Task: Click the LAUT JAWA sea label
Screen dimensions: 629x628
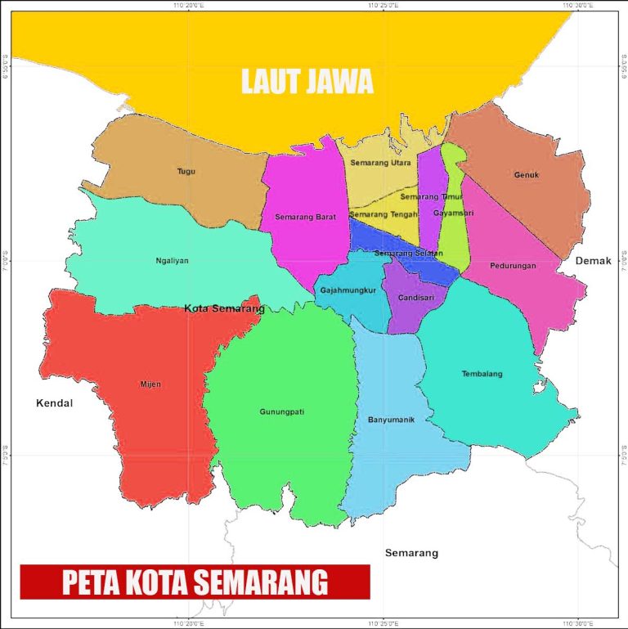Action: click(307, 82)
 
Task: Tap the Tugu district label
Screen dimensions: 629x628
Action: click(186, 172)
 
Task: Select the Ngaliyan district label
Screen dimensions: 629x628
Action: click(172, 261)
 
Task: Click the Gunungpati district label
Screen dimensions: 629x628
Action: click(282, 411)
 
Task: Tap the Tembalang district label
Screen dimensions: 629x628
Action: click(482, 374)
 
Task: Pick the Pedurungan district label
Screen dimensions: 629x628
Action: click(513, 266)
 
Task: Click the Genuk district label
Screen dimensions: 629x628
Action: click(527, 174)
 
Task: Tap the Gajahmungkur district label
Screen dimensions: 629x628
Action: click(348, 290)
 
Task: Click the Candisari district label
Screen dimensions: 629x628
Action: click(415, 298)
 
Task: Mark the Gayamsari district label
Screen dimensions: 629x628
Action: click(453, 213)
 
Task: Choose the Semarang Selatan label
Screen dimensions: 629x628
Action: click(408, 254)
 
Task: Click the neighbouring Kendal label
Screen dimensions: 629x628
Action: click(55, 403)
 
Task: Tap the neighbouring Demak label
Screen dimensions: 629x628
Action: click(594, 260)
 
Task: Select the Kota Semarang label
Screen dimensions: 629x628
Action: click(224, 308)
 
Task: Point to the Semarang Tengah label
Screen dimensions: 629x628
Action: click(378, 214)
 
